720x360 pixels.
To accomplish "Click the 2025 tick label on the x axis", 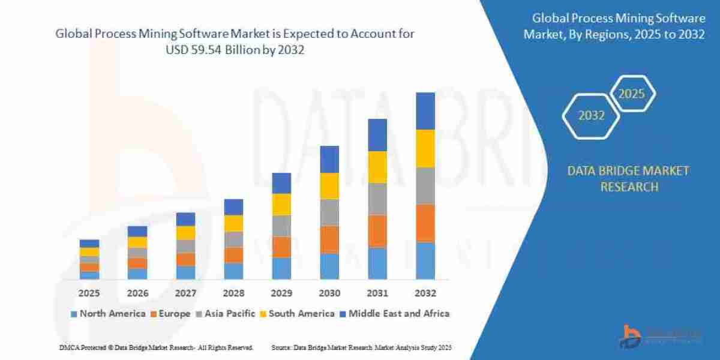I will (x=89, y=293).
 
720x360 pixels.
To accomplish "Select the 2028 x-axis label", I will (x=233, y=293).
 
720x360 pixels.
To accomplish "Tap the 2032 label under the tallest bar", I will (x=425, y=293).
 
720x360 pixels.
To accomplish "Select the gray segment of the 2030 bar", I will (x=329, y=212).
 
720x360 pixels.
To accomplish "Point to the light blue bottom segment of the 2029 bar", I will (x=281, y=268).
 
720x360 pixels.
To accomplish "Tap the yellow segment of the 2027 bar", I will (x=185, y=233).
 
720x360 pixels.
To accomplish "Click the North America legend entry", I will (x=108, y=313).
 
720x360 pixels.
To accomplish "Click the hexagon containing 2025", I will (x=632, y=94).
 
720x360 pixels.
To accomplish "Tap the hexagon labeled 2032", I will (x=592, y=115).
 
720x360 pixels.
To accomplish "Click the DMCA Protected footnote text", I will (x=156, y=347).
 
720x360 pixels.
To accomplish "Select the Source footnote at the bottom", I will (x=361, y=347).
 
